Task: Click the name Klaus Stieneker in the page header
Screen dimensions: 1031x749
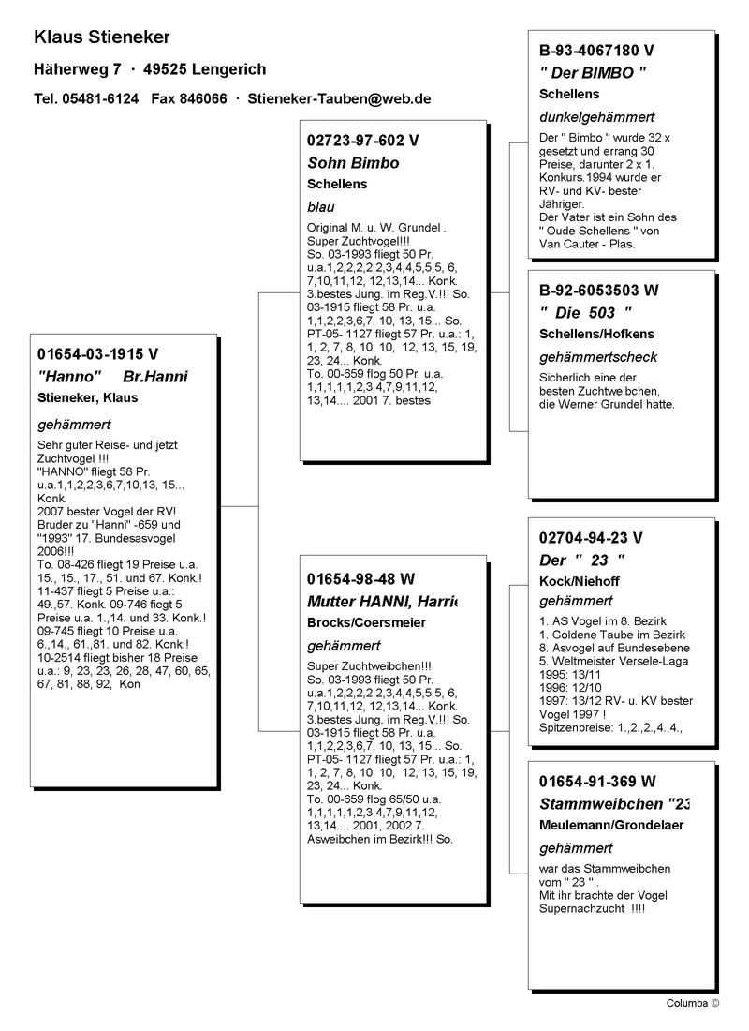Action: [101, 37]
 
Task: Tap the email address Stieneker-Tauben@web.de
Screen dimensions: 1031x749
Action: [339, 98]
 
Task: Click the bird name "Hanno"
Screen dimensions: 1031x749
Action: [69, 377]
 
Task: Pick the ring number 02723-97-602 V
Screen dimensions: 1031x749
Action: [363, 141]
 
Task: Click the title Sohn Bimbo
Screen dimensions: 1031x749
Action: [353, 163]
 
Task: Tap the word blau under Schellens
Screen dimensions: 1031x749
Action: [320, 207]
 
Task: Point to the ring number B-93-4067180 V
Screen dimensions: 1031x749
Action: [596, 50]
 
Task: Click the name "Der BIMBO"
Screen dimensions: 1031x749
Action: [594, 72]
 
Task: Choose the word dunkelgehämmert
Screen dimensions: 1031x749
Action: [596, 117]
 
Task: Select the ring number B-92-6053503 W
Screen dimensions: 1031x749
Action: [599, 291]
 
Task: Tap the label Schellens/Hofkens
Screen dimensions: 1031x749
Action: [597, 334]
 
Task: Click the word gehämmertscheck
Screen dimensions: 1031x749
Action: [598, 357]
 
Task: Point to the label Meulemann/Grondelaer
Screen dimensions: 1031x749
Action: [611, 825]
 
